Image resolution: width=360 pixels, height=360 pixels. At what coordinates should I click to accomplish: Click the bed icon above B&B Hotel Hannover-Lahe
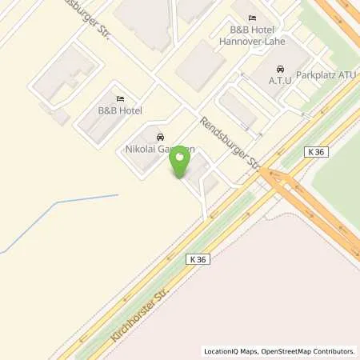tap(253, 19)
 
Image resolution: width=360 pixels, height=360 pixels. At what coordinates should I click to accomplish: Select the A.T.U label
tap(280, 81)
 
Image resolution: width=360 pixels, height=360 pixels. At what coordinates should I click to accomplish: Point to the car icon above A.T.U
tap(280, 69)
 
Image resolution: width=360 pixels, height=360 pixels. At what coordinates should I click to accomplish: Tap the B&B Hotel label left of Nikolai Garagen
tap(119, 111)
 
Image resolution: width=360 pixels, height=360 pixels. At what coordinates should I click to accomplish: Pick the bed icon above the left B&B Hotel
tap(119, 99)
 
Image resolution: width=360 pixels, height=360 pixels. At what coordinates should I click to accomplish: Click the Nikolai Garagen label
tap(161, 149)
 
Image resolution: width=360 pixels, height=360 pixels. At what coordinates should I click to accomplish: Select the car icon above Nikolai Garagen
tap(161, 137)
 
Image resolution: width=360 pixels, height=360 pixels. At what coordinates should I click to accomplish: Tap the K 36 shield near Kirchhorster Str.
tap(201, 259)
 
